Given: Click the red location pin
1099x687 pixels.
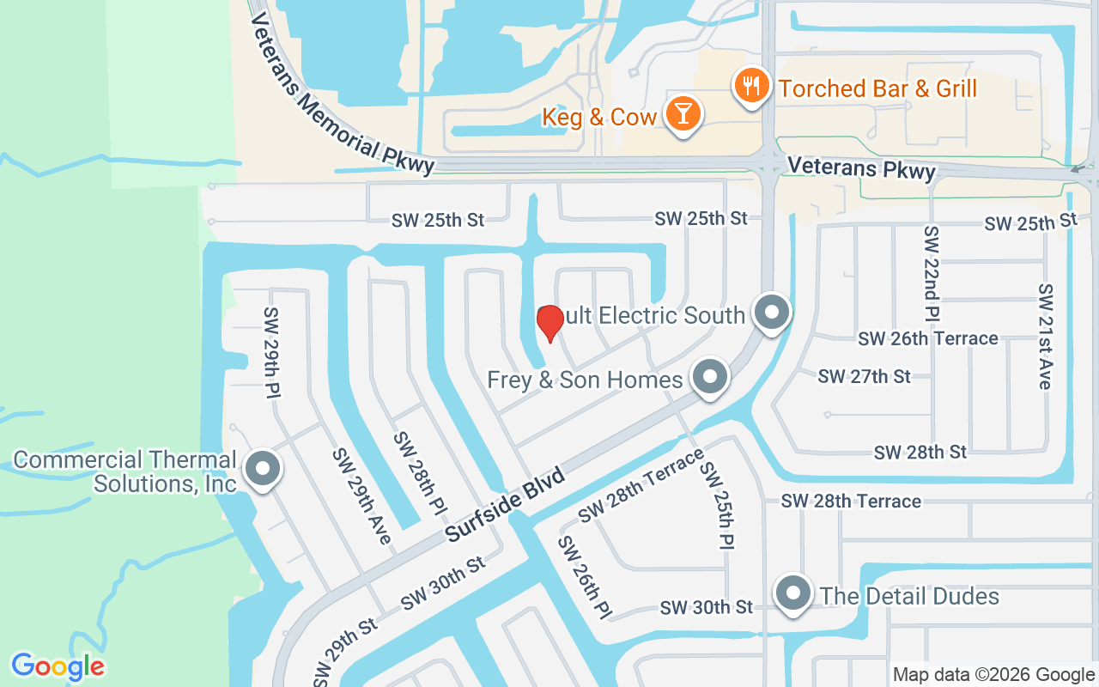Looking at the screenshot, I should [549, 322].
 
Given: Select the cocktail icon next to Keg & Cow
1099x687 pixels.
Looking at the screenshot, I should [683, 115].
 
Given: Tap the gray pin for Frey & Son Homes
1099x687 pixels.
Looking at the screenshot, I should [709, 378].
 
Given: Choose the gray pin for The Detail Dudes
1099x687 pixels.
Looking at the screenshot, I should [793, 594].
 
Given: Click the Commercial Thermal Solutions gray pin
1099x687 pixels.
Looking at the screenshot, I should [263, 469].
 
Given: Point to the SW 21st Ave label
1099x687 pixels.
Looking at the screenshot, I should [1045, 336].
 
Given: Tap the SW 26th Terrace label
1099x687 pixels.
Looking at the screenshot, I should [927, 339].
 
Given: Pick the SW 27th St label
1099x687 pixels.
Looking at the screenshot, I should [864, 376].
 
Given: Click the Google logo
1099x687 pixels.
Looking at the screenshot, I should [58, 666].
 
